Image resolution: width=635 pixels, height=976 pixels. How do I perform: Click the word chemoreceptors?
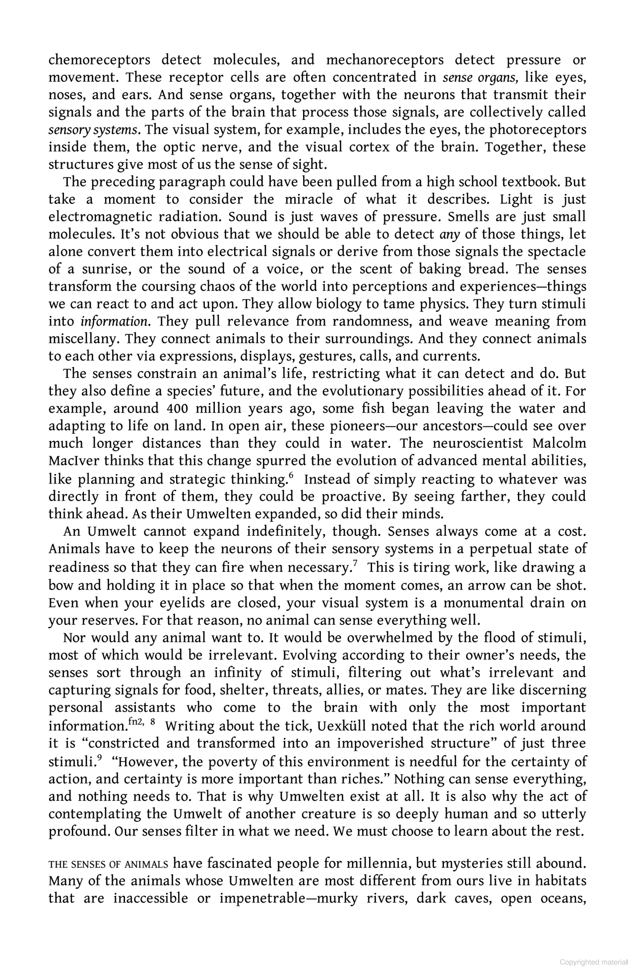pos(99,61)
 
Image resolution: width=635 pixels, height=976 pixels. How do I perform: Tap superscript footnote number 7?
pos(355,563)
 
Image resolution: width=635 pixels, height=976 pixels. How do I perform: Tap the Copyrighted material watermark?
pos(593,963)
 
